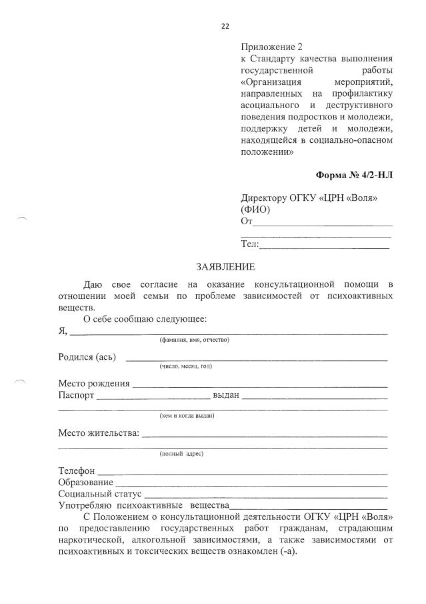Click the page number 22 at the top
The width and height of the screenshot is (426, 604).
tap(225, 26)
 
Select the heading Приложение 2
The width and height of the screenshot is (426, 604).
tap(271, 47)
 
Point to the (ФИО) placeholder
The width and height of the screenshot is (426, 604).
tap(255, 210)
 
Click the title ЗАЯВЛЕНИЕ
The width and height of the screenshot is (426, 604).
tap(225, 268)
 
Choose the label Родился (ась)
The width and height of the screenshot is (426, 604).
tap(87, 356)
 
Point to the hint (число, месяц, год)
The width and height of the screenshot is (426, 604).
tap(185, 366)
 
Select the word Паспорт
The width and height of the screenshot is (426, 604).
tap(77, 395)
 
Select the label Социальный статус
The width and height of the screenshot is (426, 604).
tap(100, 494)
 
